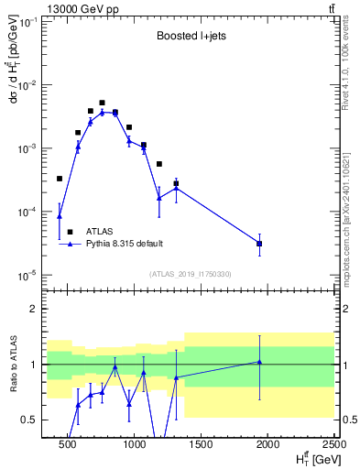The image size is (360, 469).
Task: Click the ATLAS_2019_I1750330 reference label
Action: coord(190,273)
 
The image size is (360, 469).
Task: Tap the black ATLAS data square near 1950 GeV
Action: coord(259,244)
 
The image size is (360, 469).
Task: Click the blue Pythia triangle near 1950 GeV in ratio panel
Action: coord(259,362)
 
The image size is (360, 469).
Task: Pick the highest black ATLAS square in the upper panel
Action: coord(102,103)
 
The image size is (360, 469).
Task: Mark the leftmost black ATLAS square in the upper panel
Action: coord(60,179)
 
